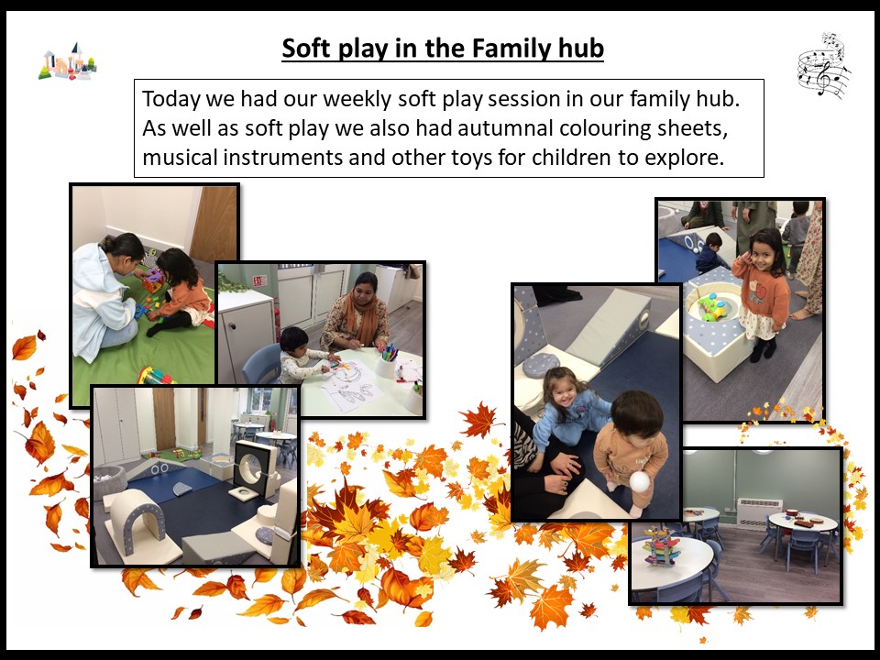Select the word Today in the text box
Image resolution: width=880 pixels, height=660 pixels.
(170, 99)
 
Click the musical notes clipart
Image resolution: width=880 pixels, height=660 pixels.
(823, 66)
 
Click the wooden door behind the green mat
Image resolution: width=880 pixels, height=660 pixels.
(214, 223)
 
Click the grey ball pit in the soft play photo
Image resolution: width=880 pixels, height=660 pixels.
(107, 481)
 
